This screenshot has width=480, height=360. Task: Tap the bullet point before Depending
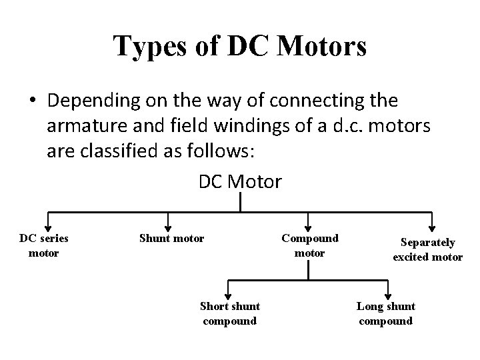point(33,101)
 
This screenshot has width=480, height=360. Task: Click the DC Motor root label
point(240,181)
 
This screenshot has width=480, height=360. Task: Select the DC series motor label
point(44,245)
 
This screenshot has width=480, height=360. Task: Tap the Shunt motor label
point(171,238)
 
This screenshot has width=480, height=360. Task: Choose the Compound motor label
point(309,245)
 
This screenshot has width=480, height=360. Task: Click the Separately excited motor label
point(427,250)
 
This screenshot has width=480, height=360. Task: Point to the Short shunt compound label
point(230,313)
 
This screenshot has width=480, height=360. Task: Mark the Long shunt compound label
point(385,313)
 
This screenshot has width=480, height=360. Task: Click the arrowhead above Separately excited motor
point(433,226)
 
